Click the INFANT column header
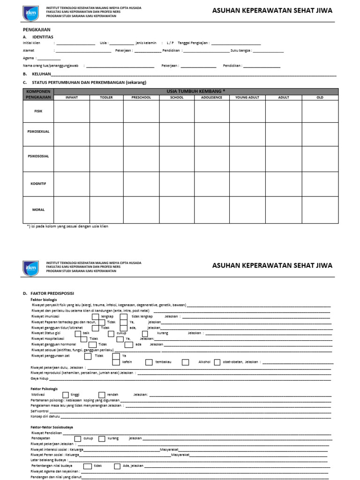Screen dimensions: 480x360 72,97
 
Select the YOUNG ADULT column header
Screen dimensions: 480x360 247,97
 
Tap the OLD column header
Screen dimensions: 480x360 320,97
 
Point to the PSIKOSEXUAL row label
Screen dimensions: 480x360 38,132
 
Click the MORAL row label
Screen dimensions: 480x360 38,210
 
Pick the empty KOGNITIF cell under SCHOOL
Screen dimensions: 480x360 177,184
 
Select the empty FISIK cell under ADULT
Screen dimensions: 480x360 284,111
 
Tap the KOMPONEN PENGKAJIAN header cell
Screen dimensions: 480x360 38,94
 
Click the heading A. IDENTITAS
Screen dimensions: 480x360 38,36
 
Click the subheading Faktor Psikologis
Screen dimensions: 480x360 44,389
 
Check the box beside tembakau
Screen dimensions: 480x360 149,362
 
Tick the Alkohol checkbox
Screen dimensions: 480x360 186,362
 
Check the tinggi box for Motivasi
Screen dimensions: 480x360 66,395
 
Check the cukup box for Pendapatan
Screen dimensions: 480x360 78,438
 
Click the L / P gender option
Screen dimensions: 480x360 170,43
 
